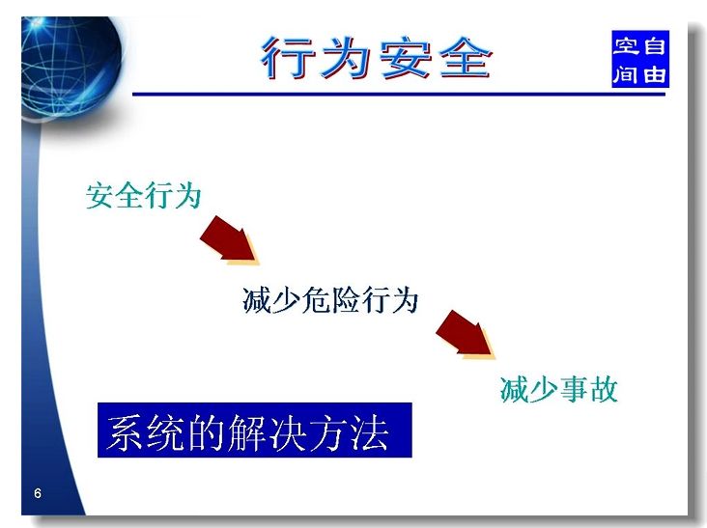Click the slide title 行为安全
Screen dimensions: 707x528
pos(377,58)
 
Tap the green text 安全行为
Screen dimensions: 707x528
pos(143,196)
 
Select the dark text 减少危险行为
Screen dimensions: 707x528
pos(330,299)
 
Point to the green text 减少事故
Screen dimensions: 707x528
pos(558,389)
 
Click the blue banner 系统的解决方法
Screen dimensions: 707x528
pos(255,431)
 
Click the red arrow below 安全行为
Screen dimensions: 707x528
pos(230,240)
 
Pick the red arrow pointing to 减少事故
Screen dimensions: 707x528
pos(466,335)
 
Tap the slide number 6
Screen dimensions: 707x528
pos(38,493)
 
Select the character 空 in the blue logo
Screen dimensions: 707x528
pos(626,46)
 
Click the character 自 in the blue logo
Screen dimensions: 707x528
pos(654,46)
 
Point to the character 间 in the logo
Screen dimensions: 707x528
pos(626,73)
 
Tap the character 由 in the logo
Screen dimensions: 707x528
pos(654,73)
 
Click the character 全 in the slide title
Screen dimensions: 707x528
pos(466,58)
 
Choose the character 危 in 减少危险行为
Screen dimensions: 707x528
pos(316,299)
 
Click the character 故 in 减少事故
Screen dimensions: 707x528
pos(604,389)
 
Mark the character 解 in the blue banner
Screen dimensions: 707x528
pos(246,432)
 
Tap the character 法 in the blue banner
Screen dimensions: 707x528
pos(369,432)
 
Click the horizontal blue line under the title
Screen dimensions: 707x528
pos(399,95)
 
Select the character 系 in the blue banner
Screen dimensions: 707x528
pos(126,432)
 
